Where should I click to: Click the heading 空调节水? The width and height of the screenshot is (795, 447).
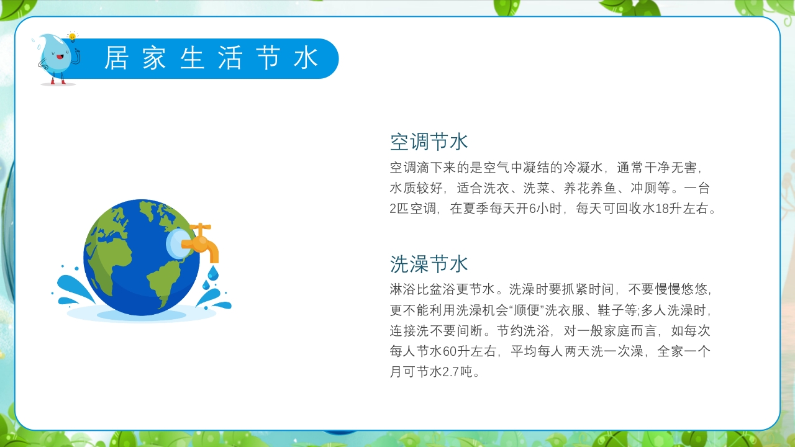pyautogui.click(x=429, y=142)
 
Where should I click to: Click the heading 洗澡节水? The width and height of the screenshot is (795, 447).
pyautogui.click(x=429, y=263)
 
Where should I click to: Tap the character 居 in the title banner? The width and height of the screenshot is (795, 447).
pyautogui.click(x=116, y=58)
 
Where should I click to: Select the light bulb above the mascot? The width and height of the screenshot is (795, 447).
pyautogui.click(x=73, y=37)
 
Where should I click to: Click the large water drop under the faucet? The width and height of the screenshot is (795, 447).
pyautogui.click(x=213, y=273)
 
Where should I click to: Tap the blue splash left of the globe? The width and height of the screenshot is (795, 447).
pyautogui.click(x=68, y=289)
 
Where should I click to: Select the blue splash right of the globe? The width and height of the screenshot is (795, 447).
pyautogui.click(x=214, y=299)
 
